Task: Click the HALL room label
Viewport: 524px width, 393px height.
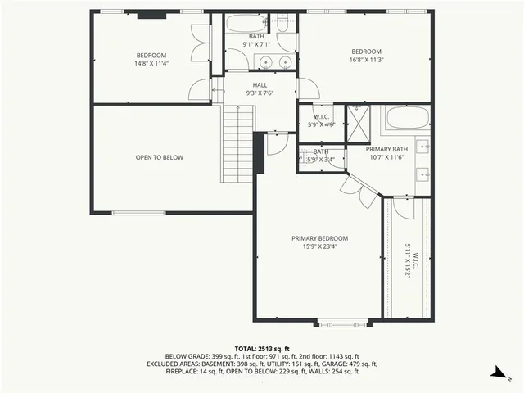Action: click(x=260, y=84)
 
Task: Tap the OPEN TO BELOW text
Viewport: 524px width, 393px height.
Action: click(x=159, y=157)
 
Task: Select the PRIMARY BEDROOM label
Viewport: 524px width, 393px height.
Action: click(x=319, y=238)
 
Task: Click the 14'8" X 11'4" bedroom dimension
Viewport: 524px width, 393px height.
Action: click(x=151, y=63)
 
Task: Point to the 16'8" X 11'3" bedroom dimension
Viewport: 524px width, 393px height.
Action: click(x=367, y=60)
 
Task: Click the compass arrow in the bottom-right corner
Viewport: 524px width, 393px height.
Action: click(x=497, y=374)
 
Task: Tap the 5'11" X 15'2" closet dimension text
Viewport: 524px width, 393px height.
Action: click(x=406, y=261)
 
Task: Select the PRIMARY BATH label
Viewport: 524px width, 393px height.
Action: click(x=386, y=148)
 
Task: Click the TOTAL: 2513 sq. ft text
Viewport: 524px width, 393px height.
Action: click(x=262, y=348)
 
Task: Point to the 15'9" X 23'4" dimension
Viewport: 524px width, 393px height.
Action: click(x=319, y=246)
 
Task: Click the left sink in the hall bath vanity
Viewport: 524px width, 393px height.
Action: click(x=265, y=62)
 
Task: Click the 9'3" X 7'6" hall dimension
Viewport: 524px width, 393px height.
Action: click(x=260, y=93)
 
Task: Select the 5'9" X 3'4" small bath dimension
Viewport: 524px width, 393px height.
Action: click(x=319, y=159)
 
